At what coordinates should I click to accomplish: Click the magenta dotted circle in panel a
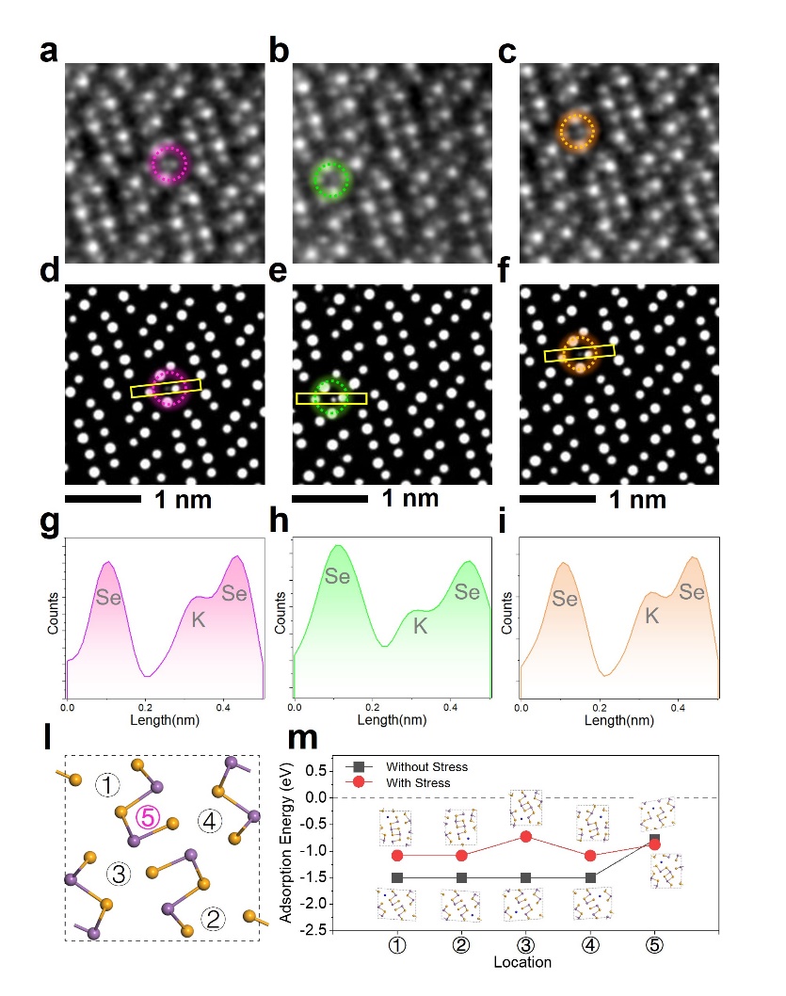click(x=169, y=163)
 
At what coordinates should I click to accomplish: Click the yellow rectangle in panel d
click(x=166, y=388)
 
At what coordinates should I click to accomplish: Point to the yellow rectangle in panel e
click(x=330, y=398)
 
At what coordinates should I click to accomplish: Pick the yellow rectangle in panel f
click(x=580, y=354)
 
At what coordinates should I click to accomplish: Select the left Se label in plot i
click(x=565, y=598)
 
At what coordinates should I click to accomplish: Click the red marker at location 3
click(x=526, y=836)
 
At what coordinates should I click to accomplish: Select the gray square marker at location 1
click(x=397, y=877)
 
